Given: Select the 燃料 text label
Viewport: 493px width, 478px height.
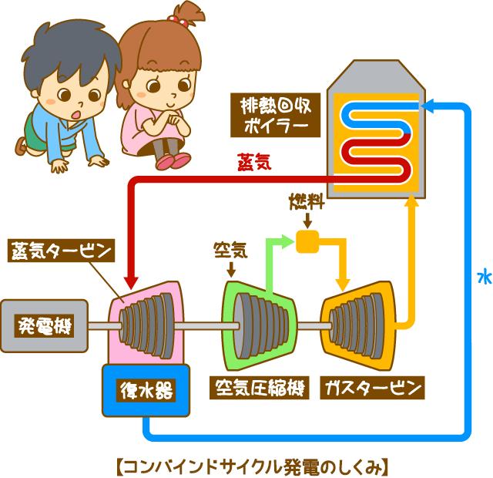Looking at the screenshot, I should (x=307, y=204).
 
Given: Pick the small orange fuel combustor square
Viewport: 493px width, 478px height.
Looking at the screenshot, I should (x=307, y=241).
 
